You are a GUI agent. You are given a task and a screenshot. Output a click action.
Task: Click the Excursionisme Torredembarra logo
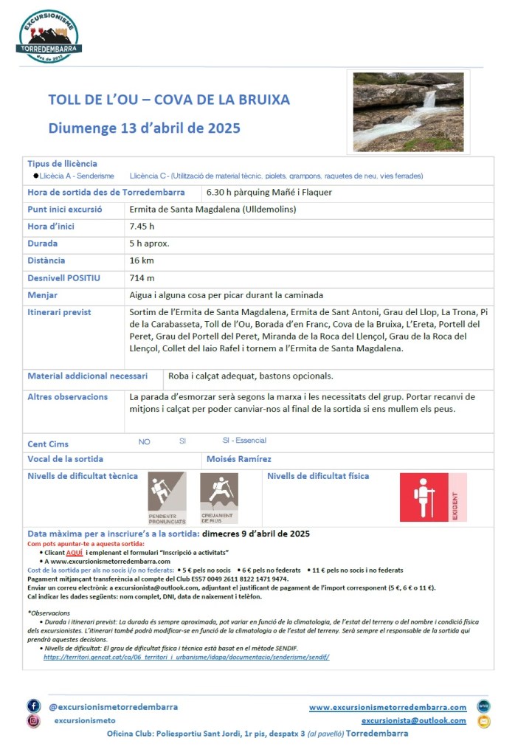coord(50,36)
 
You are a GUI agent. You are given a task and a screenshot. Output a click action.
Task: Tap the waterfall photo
coord(408,111)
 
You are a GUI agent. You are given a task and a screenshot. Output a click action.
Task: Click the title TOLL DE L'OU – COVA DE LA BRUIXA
coord(169,100)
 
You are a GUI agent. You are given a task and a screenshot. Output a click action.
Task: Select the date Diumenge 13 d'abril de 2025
coord(145,128)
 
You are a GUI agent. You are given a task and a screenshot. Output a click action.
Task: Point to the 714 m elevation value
coord(142,277)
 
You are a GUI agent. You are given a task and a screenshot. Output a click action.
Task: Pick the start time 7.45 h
coord(142,227)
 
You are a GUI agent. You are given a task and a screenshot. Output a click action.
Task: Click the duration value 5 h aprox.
coord(149,244)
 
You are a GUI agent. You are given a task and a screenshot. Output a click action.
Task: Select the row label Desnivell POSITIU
coord(63,277)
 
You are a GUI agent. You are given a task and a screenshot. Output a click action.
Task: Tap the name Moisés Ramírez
coord(239,459)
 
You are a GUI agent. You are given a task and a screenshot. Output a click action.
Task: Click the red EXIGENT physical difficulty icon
coord(433,497)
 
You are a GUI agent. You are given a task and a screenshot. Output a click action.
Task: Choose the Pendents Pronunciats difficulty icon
coord(167,497)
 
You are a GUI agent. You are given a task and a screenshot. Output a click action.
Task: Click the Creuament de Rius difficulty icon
coord(218,497)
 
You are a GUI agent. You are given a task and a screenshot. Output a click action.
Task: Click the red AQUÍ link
coord(74,552)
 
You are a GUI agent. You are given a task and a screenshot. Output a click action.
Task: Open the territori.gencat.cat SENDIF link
coord(186,656)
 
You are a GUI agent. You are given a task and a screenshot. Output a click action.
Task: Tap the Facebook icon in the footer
coord(34,706)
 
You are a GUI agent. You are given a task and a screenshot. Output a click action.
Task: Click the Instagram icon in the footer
coord(34,721)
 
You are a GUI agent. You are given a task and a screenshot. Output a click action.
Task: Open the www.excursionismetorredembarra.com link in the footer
coord(387,707)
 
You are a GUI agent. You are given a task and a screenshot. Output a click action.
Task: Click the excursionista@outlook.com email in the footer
coord(413,721)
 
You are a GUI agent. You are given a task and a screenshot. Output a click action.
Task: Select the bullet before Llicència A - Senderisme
coord(35,176)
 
